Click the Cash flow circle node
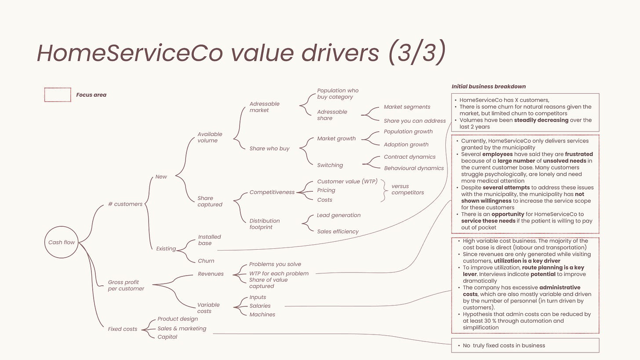tap(62, 242)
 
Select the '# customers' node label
tap(125, 204)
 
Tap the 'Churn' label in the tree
tap(206, 261)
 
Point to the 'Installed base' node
tap(209, 240)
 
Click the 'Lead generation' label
tap(338, 215)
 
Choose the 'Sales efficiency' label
tap(338, 232)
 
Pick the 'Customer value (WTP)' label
tap(347, 182)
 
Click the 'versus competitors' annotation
tap(407, 189)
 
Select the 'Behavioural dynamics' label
tap(414, 168)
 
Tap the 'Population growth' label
tap(408, 131)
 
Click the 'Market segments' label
tap(407, 107)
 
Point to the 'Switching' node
tap(330, 165)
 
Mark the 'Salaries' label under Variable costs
tap(260, 306)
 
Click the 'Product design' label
tap(178, 319)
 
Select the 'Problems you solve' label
tap(275, 264)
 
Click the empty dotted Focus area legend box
tap(58, 95)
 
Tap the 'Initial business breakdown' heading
tap(488, 87)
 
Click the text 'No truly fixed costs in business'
tap(504, 345)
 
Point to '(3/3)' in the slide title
tap(417, 53)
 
